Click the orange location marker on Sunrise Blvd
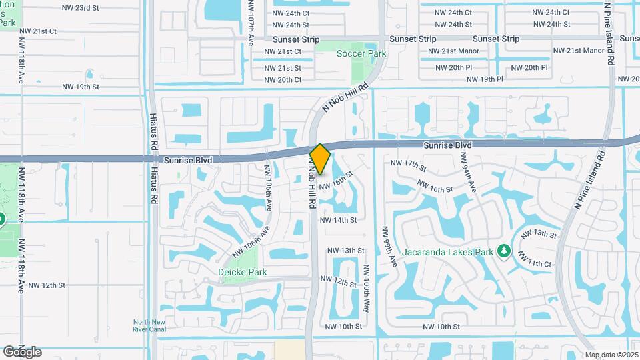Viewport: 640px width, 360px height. pyautogui.click(x=320, y=159)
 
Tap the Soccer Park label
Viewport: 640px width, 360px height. pyautogui.click(x=361, y=53)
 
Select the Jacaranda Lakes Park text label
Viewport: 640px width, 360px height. pyautogui.click(x=447, y=252)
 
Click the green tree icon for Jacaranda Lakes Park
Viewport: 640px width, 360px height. pyautogui.click(x=505, y=251)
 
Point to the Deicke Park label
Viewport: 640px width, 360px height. pyautogui.click(x=243, y=272)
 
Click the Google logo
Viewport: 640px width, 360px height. pyautogui.click(x=21, y=352)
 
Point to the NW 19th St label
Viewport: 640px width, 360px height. pyautogui.click(x=81, y=87)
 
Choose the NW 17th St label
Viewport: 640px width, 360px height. pyautogui.click(x=407, y=164)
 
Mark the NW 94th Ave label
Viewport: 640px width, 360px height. pyautogui.click(x=467, y=171)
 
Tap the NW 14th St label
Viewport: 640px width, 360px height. pyautogui.click(x=338, y=219)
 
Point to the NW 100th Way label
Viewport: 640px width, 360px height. pyautogui.click(x=367, y=289)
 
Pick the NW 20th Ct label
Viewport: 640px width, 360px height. pyautogui.click(x=283, y=80)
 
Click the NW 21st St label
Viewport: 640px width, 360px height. pyautogui.click(x=283, y=68)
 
